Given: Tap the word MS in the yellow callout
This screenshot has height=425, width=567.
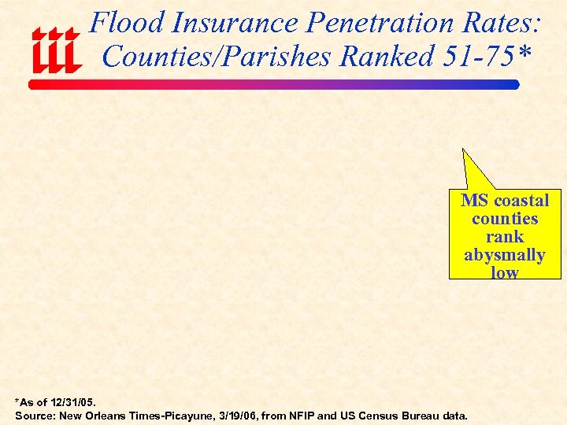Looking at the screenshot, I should click(474, 201).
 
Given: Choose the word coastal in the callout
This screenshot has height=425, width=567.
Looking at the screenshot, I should click(520, 201).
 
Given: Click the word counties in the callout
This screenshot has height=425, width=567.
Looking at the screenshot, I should click(505, 219).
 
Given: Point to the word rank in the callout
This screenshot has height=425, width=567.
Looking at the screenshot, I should click(505, 237).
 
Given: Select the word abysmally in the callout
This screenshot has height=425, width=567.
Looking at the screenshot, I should click(505, 255).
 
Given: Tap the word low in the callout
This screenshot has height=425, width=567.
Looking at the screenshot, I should click(505, 272).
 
